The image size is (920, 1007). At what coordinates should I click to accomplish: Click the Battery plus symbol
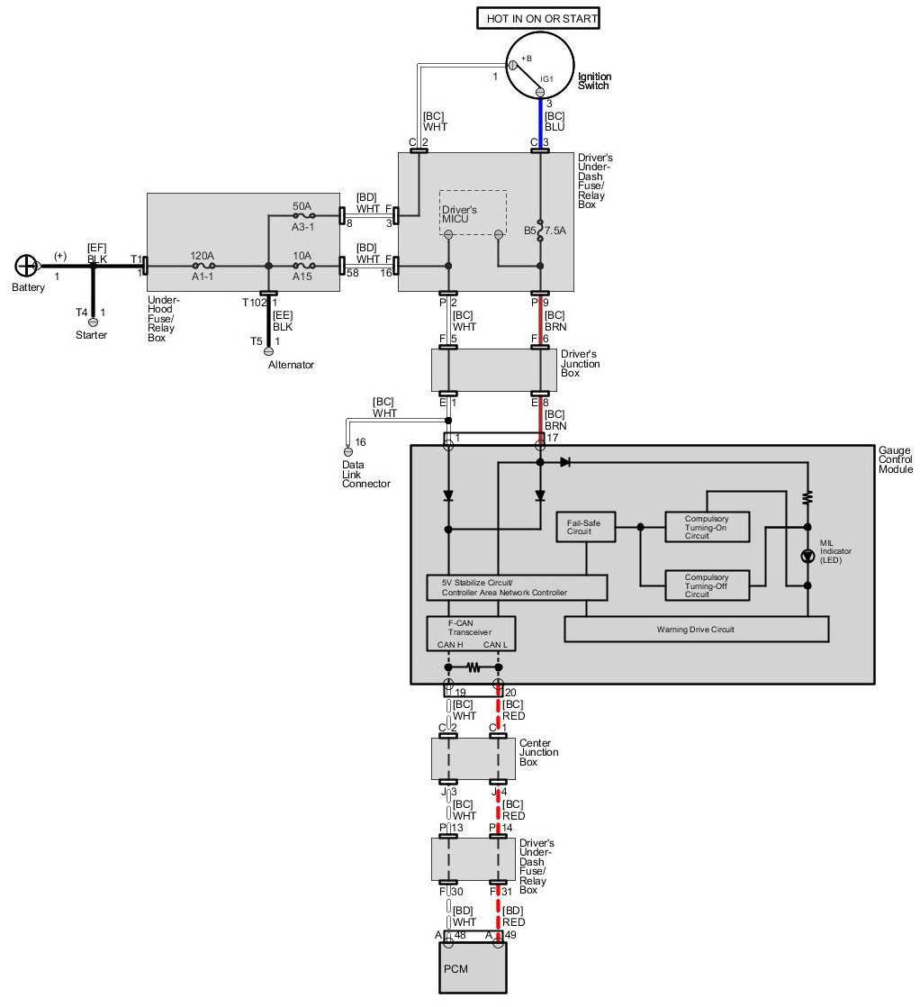coord(27,266)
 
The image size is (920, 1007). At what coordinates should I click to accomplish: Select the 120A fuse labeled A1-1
coord(203,267)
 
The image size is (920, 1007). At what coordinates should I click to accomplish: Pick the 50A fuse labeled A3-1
coord(303,216)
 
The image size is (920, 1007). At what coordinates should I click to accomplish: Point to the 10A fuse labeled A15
coord(303,267)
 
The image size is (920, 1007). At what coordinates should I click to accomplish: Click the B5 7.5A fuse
coord(540,230)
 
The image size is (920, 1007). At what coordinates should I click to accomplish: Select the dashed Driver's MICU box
coord(473,213)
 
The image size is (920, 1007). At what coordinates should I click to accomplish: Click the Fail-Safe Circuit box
coord(585,527)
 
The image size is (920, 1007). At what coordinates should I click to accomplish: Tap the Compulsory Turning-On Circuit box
coord(707,527)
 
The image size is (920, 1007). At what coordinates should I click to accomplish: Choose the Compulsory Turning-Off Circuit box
coord(707,585)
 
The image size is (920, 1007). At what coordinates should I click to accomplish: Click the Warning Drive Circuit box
coord(696,629)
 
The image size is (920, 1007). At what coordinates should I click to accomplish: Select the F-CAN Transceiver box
coord(471,633)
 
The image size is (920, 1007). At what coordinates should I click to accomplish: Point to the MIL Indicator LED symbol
coord(807,556)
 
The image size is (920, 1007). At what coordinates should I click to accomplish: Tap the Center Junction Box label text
coord(538,752)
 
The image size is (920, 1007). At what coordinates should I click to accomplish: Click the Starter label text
coord(92,335)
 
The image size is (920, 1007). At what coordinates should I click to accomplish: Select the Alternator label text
coord(291,365)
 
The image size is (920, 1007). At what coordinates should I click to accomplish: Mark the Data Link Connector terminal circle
coord(348,450)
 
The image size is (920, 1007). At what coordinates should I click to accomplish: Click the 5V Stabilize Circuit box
coord(517,588)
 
